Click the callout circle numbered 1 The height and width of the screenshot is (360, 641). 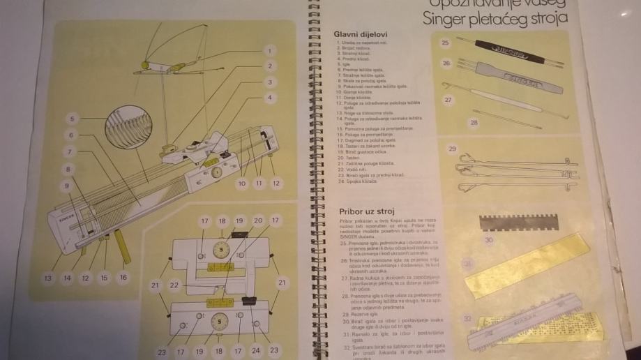(269, 50)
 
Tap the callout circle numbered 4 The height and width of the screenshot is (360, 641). (269, 97)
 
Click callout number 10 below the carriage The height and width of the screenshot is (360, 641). (242, 183)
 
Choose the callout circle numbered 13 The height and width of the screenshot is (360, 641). (47, 278)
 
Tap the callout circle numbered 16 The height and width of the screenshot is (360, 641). (123, 278)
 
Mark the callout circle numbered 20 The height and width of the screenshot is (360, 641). (258, 220)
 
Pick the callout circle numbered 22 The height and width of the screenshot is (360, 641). (174, 285)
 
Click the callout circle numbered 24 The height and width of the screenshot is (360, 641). (256, 350)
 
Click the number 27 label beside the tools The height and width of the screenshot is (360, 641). (448, 99)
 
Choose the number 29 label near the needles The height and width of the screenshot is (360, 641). (452, 149)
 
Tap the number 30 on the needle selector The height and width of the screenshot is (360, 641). (489, 240)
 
